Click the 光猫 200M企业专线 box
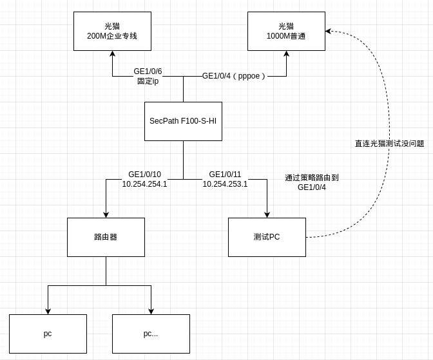(112, 31)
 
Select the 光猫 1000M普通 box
(286, 31)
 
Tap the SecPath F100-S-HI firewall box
(183, 121)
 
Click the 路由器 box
(106, 237)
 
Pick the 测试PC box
(267, 237)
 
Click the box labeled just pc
(48, 334)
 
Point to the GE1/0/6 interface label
(148, 71)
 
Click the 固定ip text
(148, 81)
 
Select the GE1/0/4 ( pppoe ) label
(234, 76)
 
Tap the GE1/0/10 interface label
(144, 175)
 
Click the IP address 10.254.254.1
(144, 184)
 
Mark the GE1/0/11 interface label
(225, 175)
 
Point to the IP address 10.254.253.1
(225, 184)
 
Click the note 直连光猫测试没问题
(389, 144)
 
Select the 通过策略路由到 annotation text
(312, 177)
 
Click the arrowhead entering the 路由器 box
(106, 214)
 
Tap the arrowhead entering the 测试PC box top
(267, 214)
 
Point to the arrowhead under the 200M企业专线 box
(112, 54)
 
